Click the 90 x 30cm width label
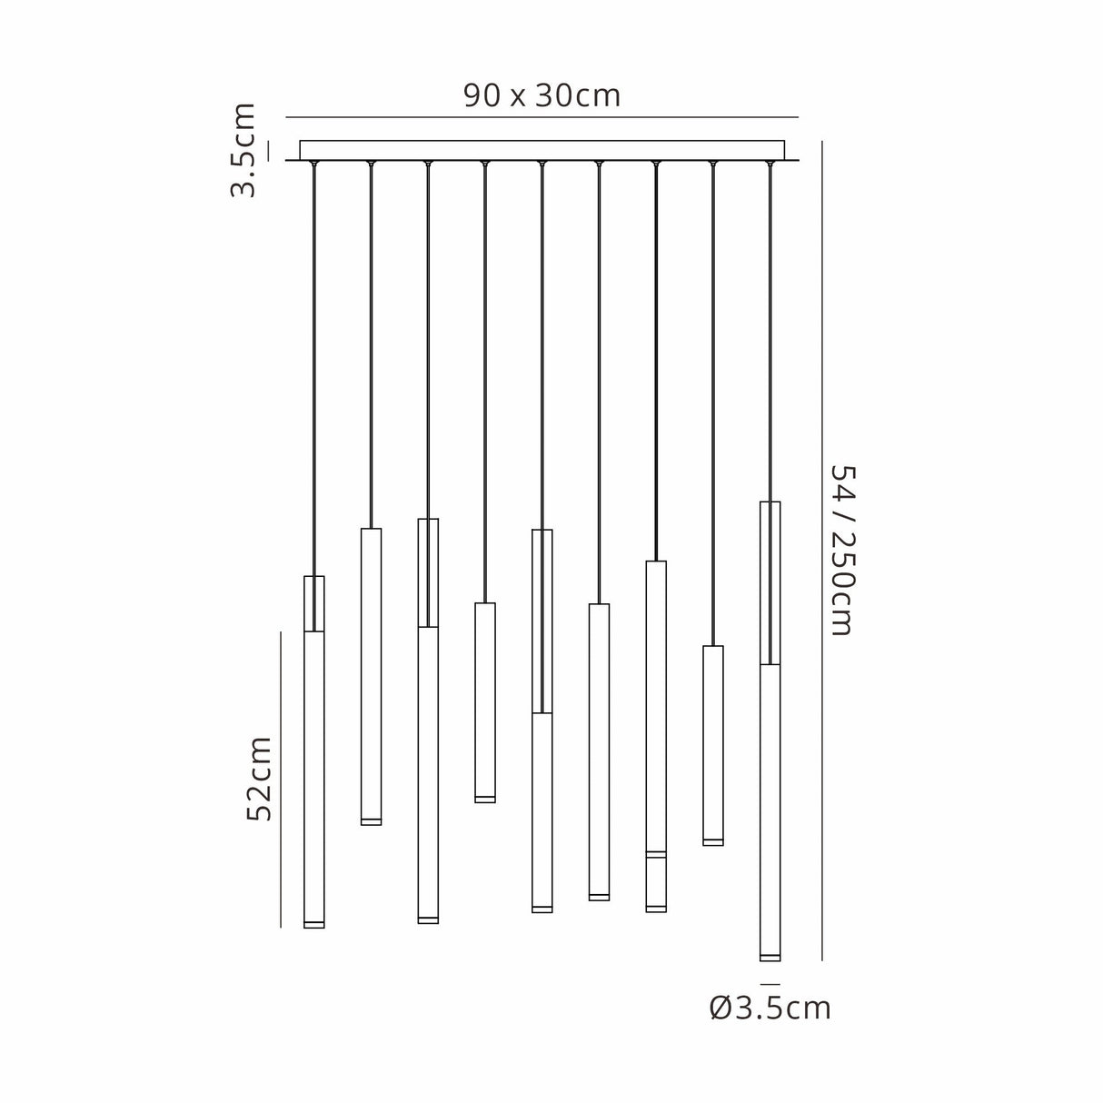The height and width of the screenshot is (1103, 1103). tap(542, 95)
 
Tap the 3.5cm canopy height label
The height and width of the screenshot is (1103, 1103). tap(243, 150)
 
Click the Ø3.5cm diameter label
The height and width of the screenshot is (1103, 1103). tap(770, 1008)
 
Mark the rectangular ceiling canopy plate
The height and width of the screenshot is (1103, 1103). tap(542, 150)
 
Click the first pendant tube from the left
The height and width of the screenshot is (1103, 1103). tap(314, 772)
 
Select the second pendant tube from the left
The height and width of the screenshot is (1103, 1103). tap(371, 677)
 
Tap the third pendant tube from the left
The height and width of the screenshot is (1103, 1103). tap(428, 772)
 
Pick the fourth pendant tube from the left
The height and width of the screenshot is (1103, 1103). tap(485, 702)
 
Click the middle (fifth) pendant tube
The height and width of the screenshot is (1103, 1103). tap(542, 809)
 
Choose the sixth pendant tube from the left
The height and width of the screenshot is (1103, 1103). tap(599, 751)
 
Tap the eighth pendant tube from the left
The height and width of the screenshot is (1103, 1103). tap(713, 745)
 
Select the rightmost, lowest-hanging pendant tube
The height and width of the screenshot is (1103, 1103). tap(770, 809)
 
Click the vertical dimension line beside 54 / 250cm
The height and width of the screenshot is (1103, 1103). tap(822, 550)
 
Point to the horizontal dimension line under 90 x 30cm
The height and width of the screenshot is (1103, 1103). tap(542, 117)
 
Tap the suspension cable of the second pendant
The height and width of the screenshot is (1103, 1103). tap(371, 345)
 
